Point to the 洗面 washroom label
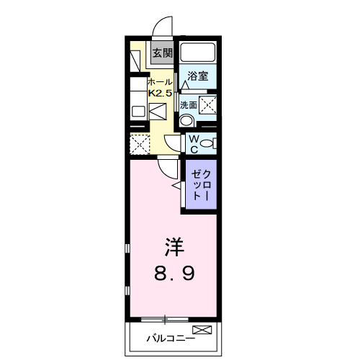click(188, 105)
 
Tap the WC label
click(193, 144)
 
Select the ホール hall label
click(159, 82)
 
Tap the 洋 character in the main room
click(174, 247)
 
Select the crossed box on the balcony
click(203, 330)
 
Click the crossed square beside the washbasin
click(207, 105)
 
